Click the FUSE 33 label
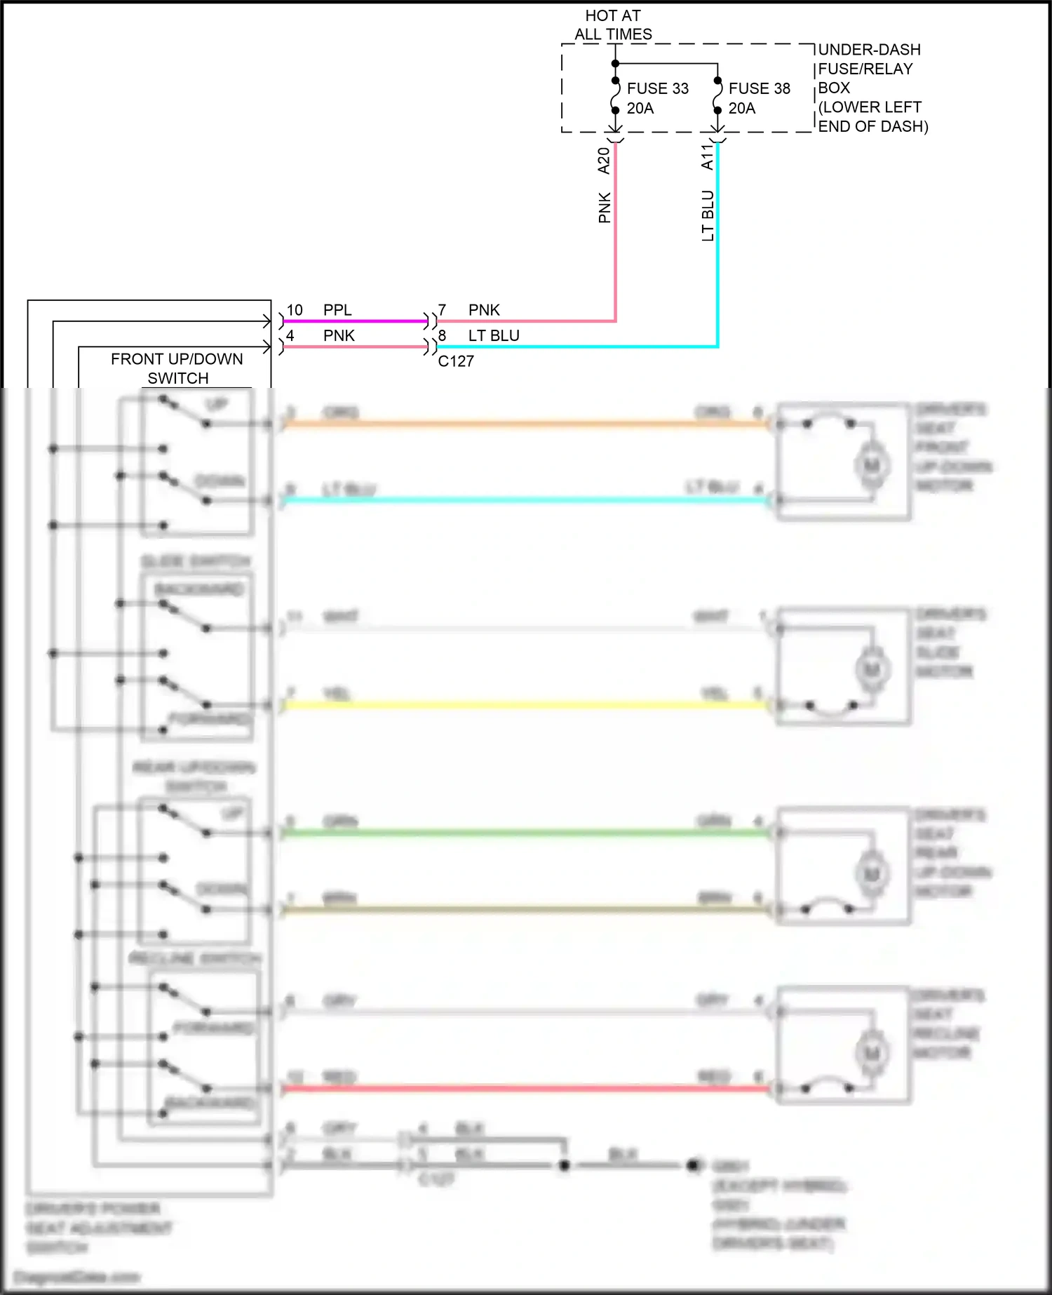[657, 88]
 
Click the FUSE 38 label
[759, 88]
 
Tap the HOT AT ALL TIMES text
[613, 25]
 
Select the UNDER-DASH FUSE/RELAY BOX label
[870, 88]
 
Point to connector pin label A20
[604, 161]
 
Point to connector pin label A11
[707, 157]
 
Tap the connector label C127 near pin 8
[456, 361]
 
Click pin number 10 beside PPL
[295, 310]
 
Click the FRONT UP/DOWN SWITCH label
[177, 368]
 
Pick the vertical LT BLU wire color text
[708, 216]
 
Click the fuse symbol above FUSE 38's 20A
[717, 95]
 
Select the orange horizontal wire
[526, 423]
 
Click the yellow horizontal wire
[526, 704]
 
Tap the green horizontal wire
[526, 833]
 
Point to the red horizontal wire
[526, 1088]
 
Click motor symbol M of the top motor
[872, 465]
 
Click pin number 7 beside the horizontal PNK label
[442, 310]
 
